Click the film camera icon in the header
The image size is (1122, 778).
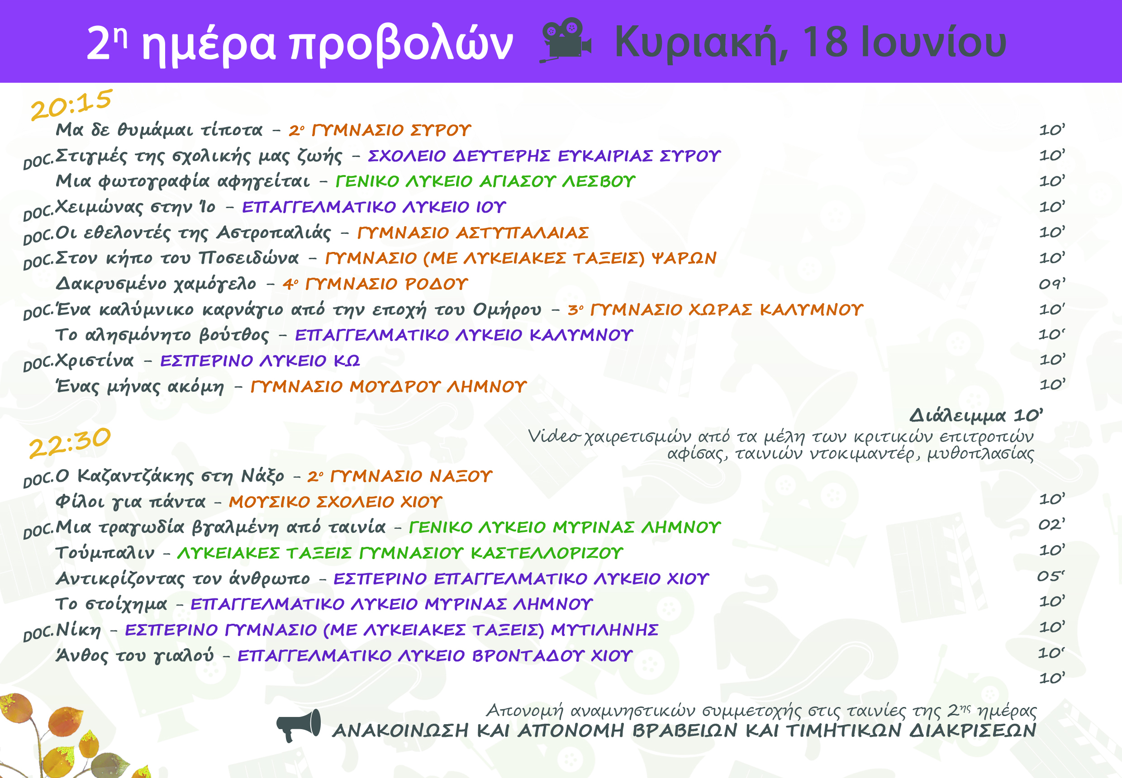(x=566, y=40)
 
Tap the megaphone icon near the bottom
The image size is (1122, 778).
(x=299, y=726)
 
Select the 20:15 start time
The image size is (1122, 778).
(x=71, y=104)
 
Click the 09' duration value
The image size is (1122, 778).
(x=1052, y=283)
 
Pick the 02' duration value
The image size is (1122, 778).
(x=1051, y=525)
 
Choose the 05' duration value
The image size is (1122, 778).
(x=1051, y=576)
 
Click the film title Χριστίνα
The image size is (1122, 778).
(x=94, y=361)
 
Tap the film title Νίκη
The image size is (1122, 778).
(x=79, y=630)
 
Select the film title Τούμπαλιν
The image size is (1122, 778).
(x=105, y=553)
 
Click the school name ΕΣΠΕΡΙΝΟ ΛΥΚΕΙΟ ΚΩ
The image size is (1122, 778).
(x=260, y=361)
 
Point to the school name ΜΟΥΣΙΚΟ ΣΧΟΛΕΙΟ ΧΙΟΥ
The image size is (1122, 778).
(x=336, y=502)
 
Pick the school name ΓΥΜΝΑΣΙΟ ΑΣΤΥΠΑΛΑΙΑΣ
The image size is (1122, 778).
(x=473, y=233)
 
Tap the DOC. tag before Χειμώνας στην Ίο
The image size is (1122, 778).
(x=38, y=212)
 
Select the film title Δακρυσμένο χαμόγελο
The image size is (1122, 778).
(x=156, y=284)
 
